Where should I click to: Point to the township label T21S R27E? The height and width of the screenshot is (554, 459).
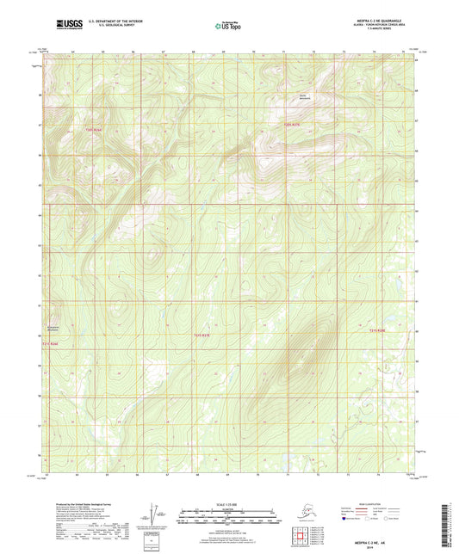coord(201,335)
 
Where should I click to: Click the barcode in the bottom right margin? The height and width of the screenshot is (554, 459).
coord(450,525)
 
